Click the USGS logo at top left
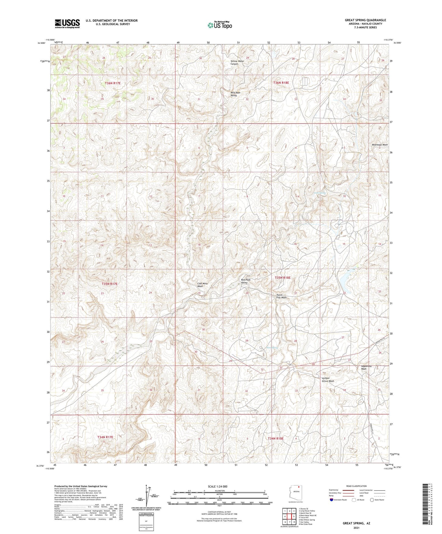67,24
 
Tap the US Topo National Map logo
219,25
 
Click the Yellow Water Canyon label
237,62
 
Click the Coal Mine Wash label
202,285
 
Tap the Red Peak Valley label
244,281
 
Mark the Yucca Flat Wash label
279,296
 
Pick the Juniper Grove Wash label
328,380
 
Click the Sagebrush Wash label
366,367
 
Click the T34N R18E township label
276,438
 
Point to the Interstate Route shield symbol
332,500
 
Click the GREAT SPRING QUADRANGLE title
365,20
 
